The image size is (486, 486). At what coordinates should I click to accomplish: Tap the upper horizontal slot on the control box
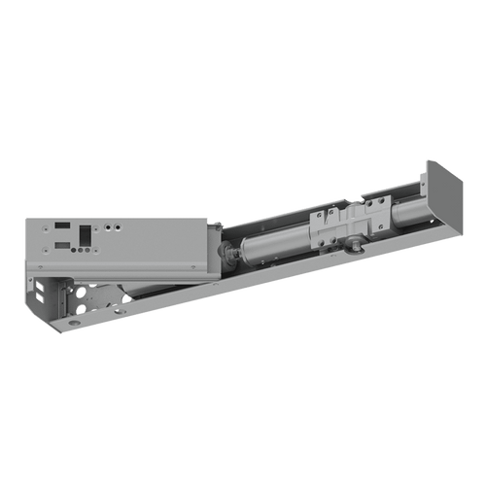(x=61, y=225)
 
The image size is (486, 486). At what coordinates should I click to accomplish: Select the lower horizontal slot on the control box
(x=61, y=245)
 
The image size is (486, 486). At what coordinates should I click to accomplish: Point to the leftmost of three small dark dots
(x=74, y=249)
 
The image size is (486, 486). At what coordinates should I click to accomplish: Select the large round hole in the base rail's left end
(x=74, y=322)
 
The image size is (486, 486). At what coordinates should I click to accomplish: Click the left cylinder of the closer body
(x=274, y=244)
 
